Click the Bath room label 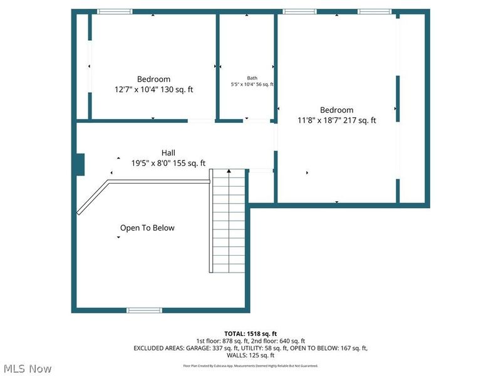point(252,78)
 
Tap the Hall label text point(168,153)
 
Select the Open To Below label point(147,228)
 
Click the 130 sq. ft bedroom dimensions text point(153,90)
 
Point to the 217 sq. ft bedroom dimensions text point(336,120)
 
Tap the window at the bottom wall point(144,310)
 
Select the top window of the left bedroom point(115,11)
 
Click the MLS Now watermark point(27,368)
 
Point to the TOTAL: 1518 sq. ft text point(250,333)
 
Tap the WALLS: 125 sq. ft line point(250,355)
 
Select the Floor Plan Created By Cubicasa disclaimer point(250,365)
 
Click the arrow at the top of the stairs point(229,170)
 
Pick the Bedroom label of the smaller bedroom point(153,79)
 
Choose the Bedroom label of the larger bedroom point(336,110)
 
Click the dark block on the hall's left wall point(80,164)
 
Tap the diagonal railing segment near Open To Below point(93,198)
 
